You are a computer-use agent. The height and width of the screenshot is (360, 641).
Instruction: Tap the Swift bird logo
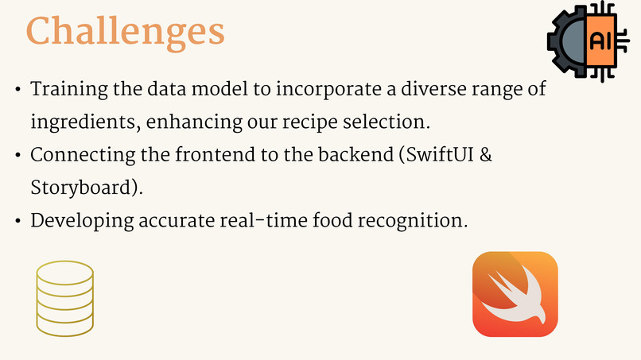[x=515, y=294]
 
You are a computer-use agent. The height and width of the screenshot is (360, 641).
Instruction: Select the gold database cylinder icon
[x=64, y=298]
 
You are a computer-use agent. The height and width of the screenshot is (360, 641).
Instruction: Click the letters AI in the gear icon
[x=600, y=42]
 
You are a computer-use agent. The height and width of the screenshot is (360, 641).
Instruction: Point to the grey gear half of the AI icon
[x=567, y=42]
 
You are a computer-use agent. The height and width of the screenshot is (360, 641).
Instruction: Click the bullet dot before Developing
[x=17, y=220]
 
